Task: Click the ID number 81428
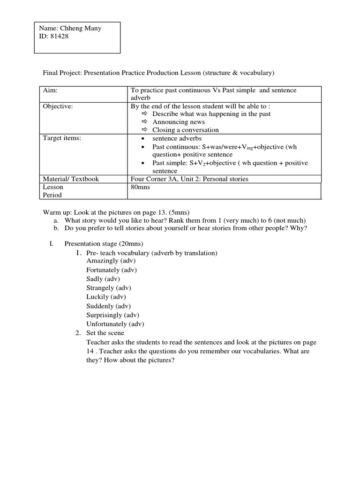click(x=59, y=37)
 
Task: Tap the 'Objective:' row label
click(x=58, y=106)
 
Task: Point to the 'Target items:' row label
click(x=61, y=138)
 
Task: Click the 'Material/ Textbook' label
click(x=71, y=179)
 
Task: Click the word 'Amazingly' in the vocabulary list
click(x=102, y=261)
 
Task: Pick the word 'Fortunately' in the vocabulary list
click(x=104, y=270)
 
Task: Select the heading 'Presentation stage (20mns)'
click(x=104, y=244)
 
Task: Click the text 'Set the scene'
click(x=105, y=333)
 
